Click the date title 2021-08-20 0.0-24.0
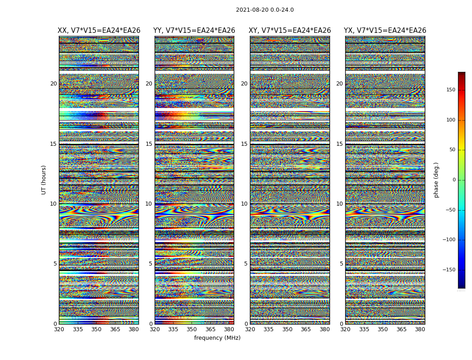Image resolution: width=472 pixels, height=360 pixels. coord(265,10)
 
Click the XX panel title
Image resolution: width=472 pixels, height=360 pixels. coord(99,31)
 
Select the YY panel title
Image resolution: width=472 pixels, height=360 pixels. coord(194,31)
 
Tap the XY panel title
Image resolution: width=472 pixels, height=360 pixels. coord(290,31)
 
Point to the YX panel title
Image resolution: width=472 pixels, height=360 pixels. coord(385,31)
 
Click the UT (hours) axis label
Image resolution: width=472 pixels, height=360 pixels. coord(44,180)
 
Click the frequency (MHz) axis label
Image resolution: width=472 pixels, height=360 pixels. coord(217,338)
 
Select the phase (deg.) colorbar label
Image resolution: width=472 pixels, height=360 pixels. coord(436,180)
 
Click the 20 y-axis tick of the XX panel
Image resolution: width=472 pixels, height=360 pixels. coord(53,84)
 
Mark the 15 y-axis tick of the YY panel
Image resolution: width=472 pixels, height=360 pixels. coord(149,144)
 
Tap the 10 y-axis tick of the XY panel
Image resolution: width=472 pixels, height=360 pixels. coord(244,204)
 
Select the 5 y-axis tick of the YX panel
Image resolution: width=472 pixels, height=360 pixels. coord(341,264)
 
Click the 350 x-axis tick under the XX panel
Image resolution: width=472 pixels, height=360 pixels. coord(96,329)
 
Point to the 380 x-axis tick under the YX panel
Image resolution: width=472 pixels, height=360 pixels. coord(420,329)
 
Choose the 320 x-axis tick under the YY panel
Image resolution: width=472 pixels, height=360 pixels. coord(155,329)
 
